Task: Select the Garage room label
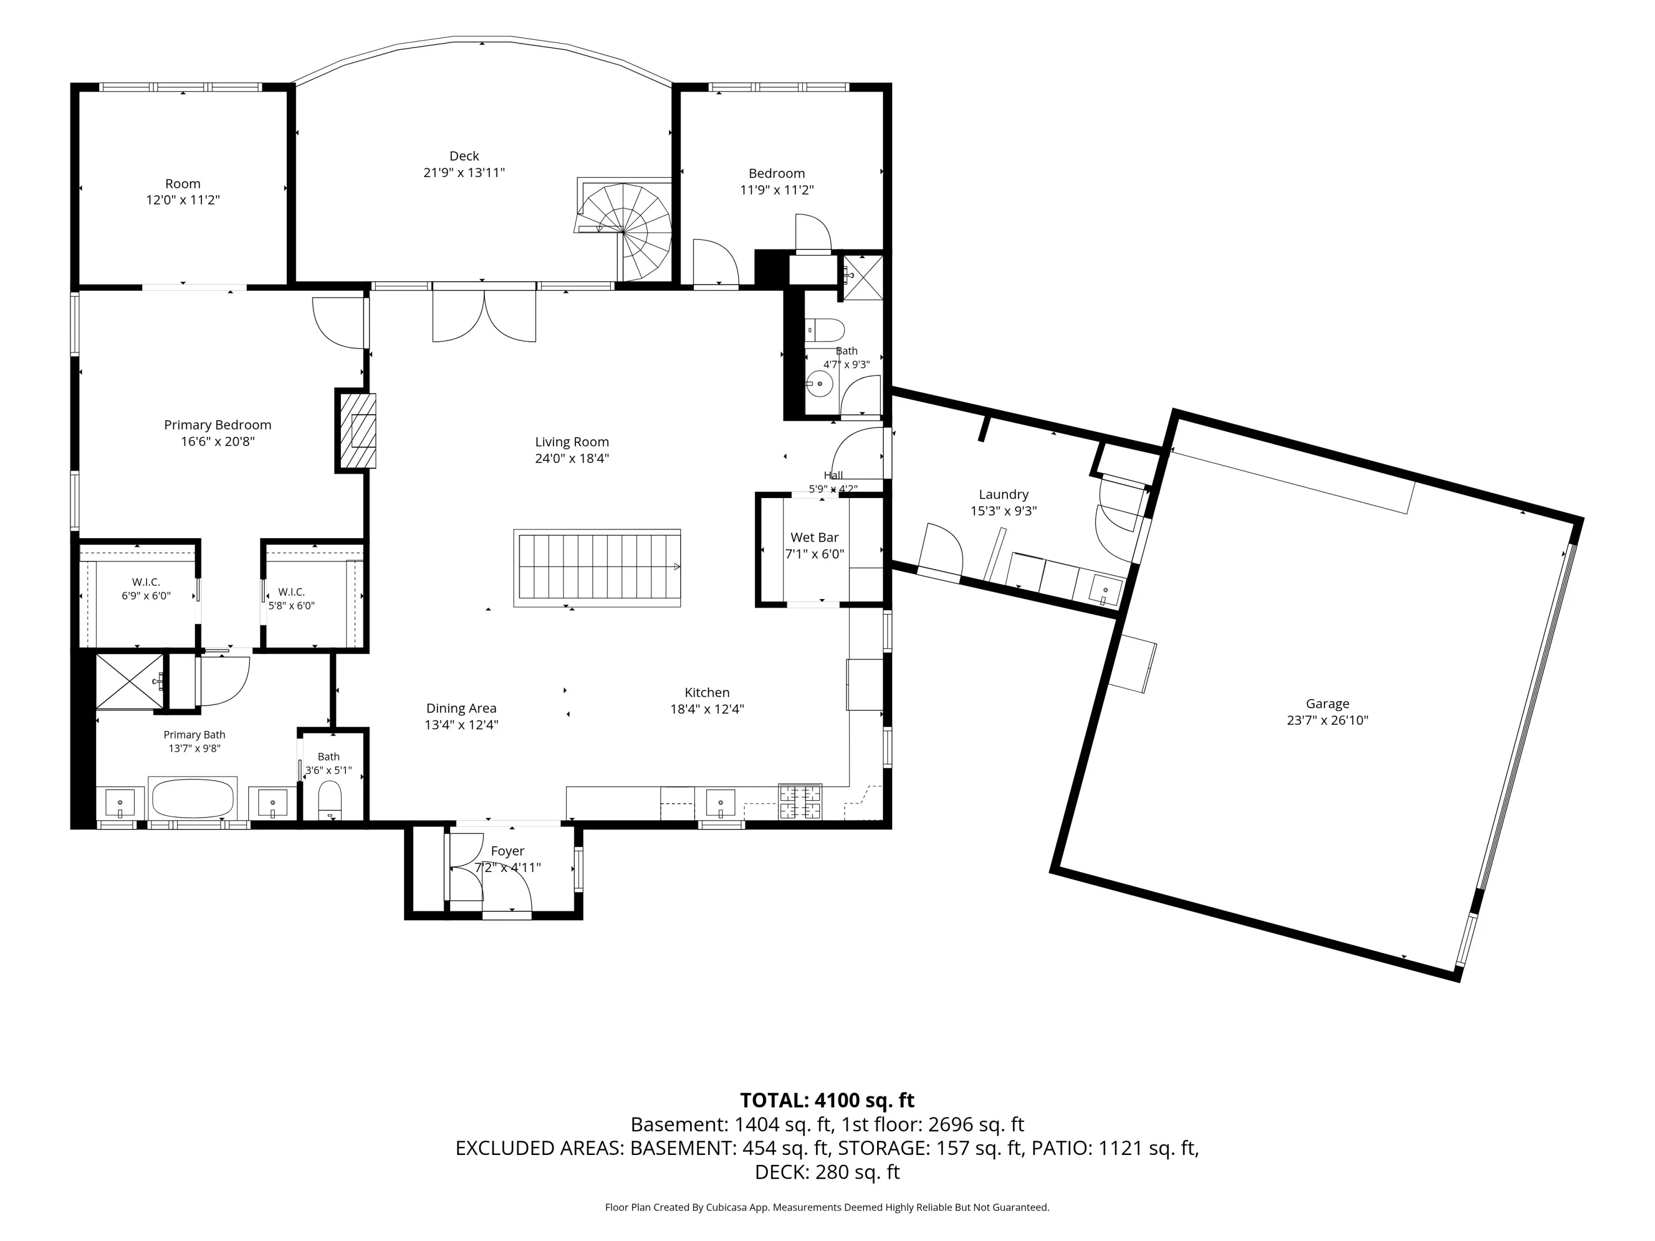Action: click(x=1327, y=703)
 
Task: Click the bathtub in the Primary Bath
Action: click(x=193, y=798)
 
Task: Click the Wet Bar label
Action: click(x=815, y=537)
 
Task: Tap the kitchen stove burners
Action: click(x=800, y=801)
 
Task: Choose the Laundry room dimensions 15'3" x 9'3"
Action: click(x=1003, y=511)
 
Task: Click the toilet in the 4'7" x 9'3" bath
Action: click(x=825, y=329)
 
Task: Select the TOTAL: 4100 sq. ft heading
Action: click(x=827, y=1100)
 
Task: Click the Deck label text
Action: click(x=464, y=156)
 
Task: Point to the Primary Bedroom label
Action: click(x=218, y=425)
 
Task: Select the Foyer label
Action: click(x=508, y=850)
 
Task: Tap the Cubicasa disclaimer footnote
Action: click(x=827, y=1207)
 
